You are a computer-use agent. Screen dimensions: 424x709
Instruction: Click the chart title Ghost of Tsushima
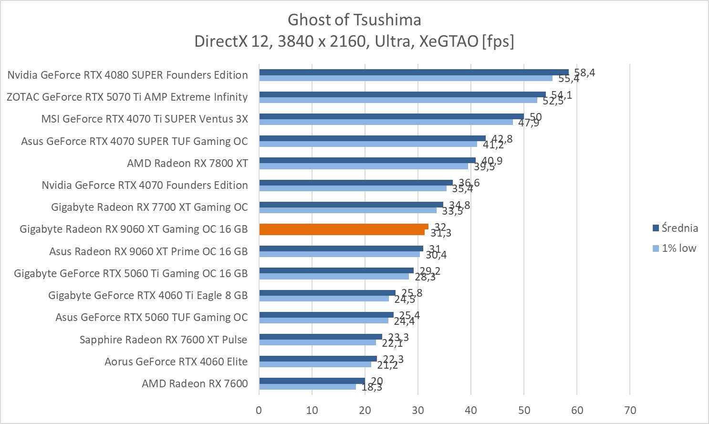point(354,20)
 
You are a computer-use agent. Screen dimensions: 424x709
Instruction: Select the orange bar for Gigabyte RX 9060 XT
point(344,229)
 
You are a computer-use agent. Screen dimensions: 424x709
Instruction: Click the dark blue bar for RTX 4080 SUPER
point(414,72)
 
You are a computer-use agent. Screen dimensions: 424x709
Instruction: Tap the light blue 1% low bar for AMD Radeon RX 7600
point(307,387)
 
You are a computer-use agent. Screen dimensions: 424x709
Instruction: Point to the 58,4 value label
point(584,73)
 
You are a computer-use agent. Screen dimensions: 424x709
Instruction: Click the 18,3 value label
point(372,387)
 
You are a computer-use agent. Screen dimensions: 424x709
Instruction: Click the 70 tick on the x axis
point(630,410)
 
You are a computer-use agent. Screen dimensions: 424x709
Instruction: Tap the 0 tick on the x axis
point(259,410)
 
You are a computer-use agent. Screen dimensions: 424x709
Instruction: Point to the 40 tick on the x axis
point(471,410)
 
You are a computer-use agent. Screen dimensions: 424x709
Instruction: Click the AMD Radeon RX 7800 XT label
point(188,163)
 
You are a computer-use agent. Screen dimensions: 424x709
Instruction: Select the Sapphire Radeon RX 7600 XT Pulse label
point(164,340)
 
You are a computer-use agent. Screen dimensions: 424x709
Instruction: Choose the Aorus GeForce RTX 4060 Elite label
point(176,362)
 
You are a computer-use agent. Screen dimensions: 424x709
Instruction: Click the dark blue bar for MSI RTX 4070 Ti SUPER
point(391,116)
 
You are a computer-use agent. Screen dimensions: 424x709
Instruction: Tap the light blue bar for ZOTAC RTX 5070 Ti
point(398,100)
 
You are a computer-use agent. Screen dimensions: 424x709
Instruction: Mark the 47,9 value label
point(528,123)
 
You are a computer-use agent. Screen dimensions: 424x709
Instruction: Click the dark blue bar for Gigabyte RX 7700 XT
point(351,205)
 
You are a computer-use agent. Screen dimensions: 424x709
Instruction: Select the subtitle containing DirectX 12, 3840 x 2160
point(354,41)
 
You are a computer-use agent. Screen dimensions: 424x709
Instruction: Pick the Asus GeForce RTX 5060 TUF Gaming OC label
point(152,317)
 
